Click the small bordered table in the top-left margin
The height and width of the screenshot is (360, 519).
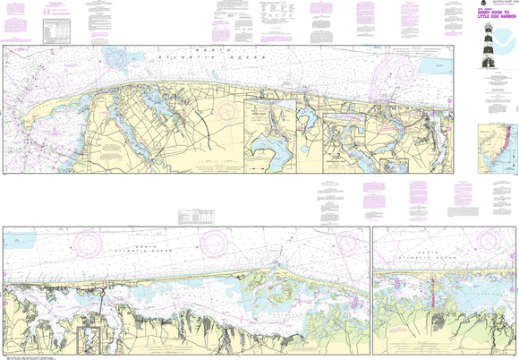pyautogui.click(x=61, y=32)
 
